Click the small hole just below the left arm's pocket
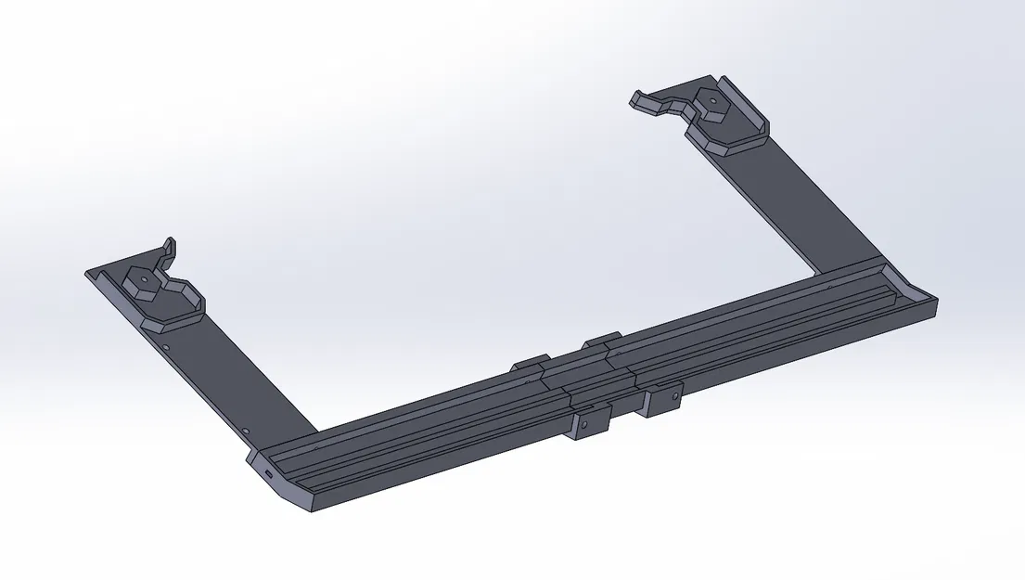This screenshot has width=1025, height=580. [x=165, y=347]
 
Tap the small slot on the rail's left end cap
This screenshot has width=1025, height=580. [x=269, y=473]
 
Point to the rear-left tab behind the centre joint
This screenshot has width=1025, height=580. [x=530, y=363]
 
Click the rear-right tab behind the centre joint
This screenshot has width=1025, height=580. [x=602, y=339]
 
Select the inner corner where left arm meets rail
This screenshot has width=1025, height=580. [x=318, y=433]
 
